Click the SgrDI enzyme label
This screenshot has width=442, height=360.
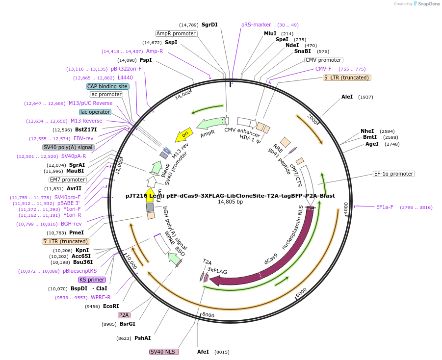point(209,25)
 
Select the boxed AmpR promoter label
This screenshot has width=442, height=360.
point(176,33)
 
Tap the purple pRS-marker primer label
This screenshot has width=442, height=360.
point(253,25)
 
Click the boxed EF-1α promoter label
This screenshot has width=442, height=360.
point(394,174)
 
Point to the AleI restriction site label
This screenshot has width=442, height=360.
point(347,97)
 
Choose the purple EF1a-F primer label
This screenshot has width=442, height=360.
point(385,207)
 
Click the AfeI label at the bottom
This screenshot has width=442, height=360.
point(203,352)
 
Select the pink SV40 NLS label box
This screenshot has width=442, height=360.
point(164,352)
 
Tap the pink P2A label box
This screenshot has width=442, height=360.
point(124,315)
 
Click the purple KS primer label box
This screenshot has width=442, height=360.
point(92,280)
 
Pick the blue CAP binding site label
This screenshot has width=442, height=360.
point(107,86)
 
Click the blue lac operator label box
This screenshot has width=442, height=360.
point(95,112)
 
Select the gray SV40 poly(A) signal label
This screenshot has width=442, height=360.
point(68,147)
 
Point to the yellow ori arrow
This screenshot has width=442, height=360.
point(184,133)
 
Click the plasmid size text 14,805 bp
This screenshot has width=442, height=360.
point(230,202)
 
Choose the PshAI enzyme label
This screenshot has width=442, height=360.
point(143,338)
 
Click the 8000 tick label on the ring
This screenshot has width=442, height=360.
point(208,315)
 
